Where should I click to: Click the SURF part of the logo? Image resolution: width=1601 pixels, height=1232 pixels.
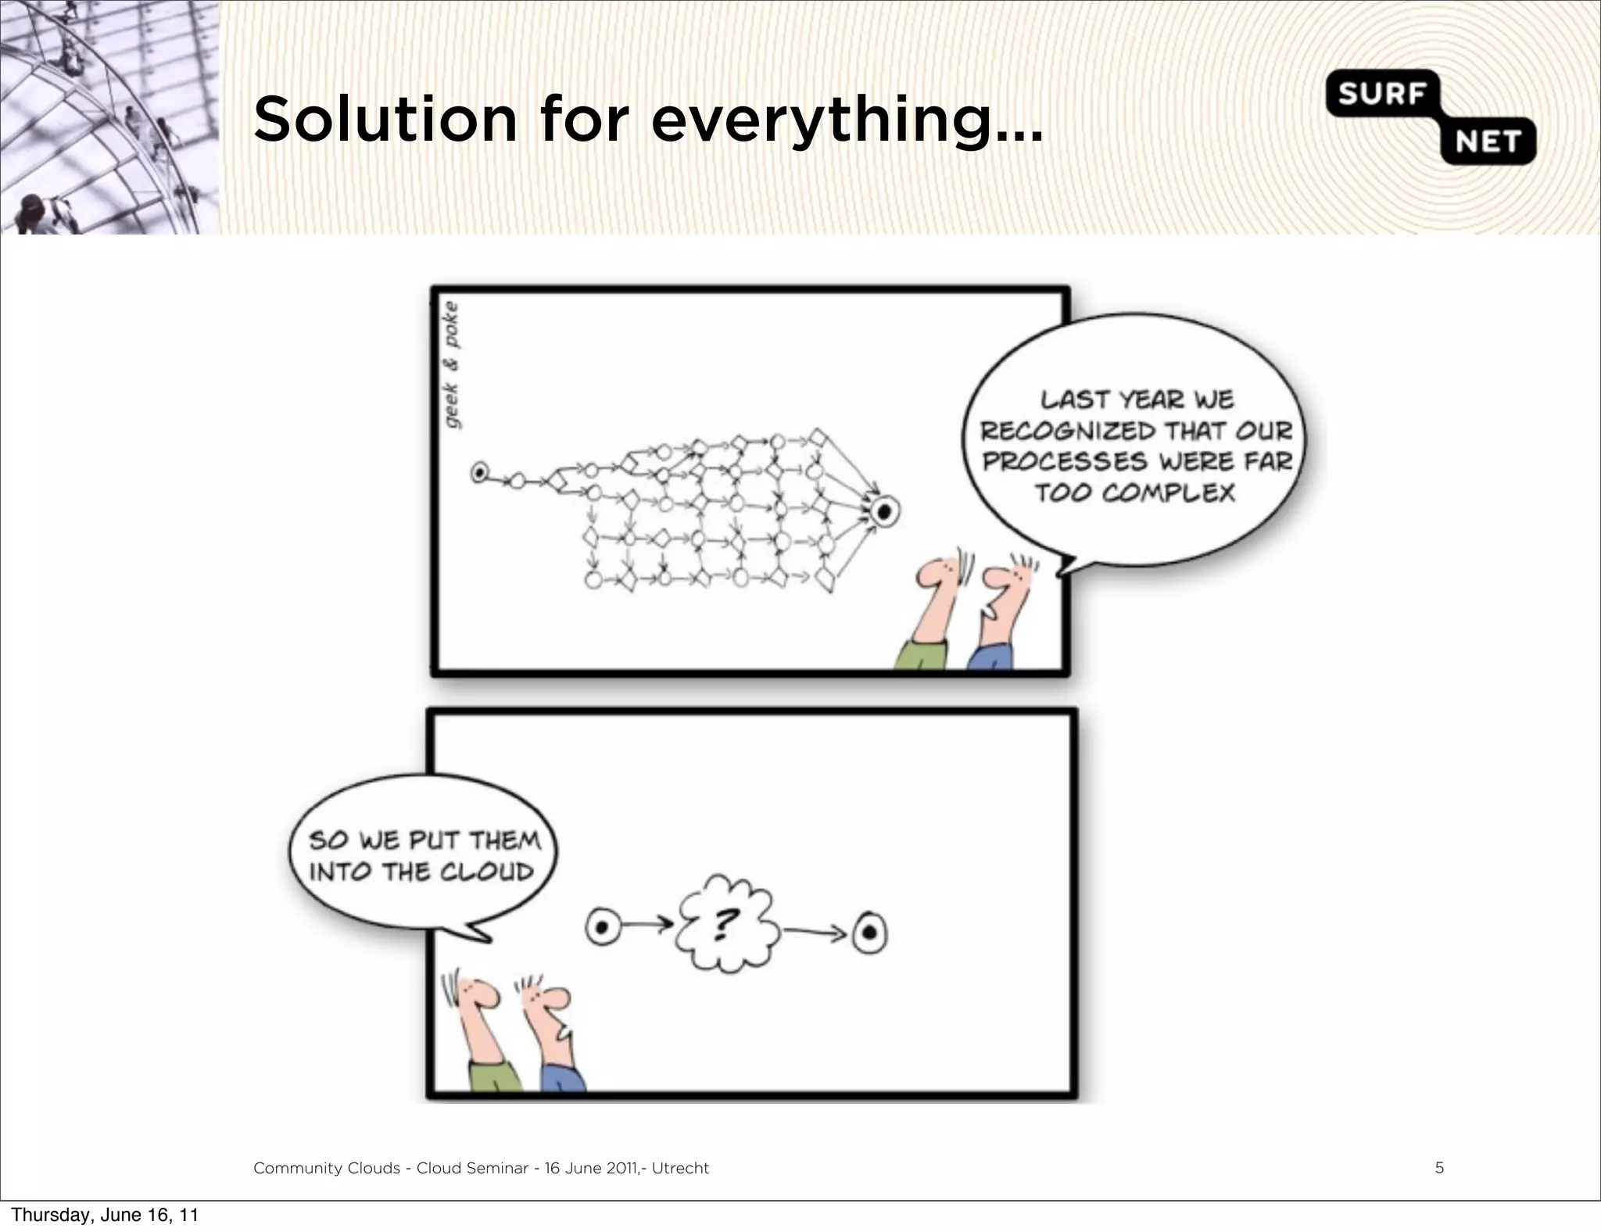point(1379,94)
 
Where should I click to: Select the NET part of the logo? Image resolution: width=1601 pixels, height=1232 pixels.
point(1487,141)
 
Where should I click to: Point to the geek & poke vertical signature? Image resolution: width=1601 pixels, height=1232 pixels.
point(453,365)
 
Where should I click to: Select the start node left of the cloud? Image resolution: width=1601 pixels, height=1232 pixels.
point(603,928)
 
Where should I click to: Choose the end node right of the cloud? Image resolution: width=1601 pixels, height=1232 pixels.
point(869,933)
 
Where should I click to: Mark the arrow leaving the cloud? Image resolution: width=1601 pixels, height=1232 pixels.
point(814,931)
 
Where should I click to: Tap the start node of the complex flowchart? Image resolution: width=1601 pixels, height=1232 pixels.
point(479,473)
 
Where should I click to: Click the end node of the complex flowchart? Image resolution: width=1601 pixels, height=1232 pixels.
point(883,512)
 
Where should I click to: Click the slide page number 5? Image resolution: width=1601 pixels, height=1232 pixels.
point(1439,1168)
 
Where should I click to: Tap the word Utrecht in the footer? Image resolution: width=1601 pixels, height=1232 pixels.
point(680,1168)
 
